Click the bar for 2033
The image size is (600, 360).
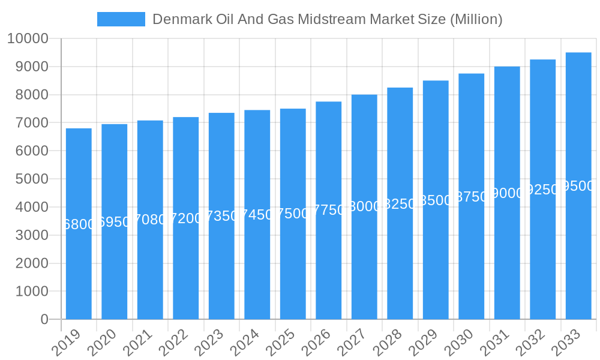pyautogui.click(x=578, y=186)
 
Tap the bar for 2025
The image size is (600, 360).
pyautogui.click(x=293, y=214)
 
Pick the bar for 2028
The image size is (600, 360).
pyautogui.click(x=400, y=203)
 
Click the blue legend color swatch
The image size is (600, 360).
pyautogui.click(x=121, y=19)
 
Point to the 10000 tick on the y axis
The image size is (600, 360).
pyautogui.click(x=28, y=39)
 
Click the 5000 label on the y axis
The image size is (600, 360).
pyautogui.click(x=31, y=179)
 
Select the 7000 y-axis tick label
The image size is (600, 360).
pyautogui.click(x=31, y=123)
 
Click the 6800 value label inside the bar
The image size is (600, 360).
pyautogui.click(x=79, y=224)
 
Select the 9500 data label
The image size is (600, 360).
pyautogui.click(x=578, y=186)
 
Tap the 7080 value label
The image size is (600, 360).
pyautogui.click(x=150, y=220)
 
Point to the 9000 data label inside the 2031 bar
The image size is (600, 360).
pyautogui.click(x=507, y=193)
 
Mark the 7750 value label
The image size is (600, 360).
pyautogui.click(x=329, y=210)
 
